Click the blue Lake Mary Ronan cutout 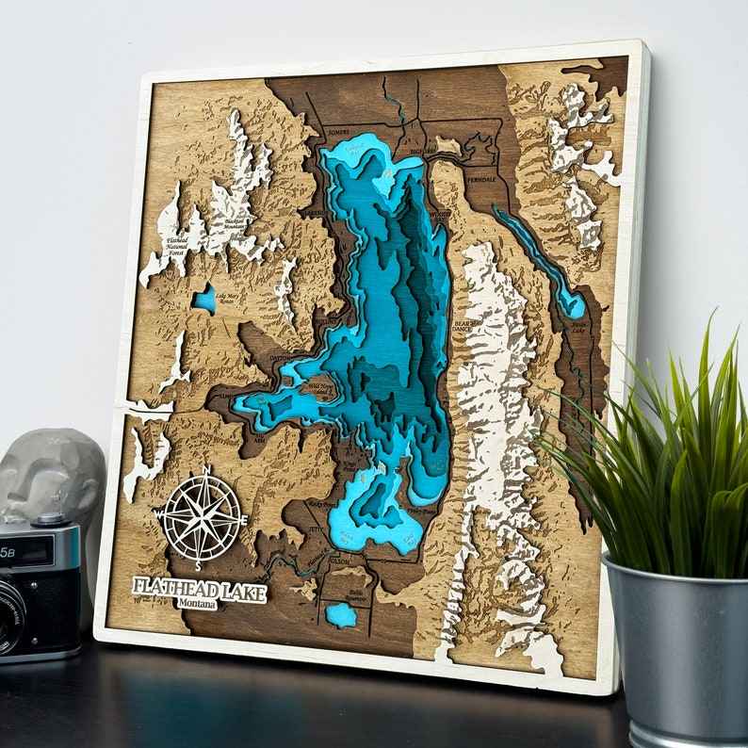coord(204,300)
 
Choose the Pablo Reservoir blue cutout coord(341,615)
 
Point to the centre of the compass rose coord(202,517)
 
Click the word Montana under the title coord(198,603)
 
